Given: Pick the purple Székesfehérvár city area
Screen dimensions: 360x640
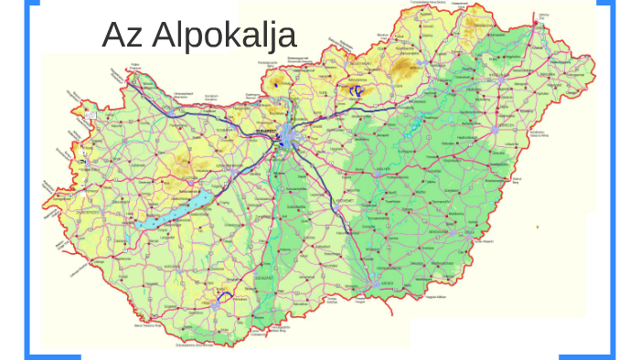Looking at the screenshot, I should [x=232, y=171].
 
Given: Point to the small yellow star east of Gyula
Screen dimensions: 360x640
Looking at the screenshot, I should [x=539, y=227].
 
